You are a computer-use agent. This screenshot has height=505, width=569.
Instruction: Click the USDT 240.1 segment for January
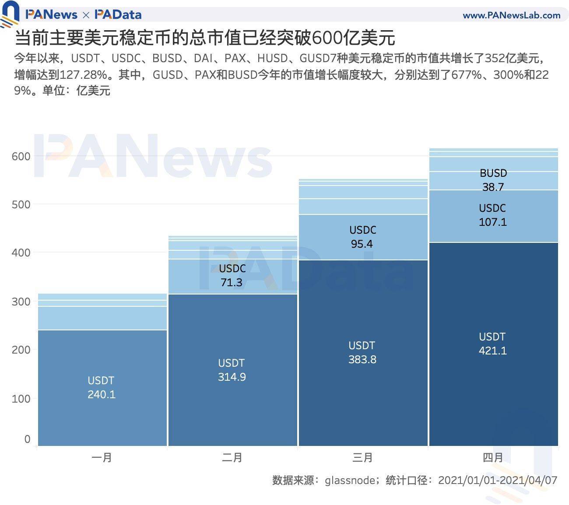pos(102,387)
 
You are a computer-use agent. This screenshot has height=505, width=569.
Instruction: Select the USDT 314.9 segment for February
pos(232,370)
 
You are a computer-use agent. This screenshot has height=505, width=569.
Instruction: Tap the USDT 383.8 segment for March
pos(362,352)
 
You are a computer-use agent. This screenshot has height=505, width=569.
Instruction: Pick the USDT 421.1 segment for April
pos(493,344)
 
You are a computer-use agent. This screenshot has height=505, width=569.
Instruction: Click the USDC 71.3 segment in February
pos(232,275)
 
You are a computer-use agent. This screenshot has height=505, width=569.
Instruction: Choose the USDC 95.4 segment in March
pos(362,237)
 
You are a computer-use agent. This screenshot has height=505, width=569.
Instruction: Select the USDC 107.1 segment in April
pos(493,215)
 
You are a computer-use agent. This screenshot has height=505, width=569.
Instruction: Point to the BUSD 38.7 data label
pos(493,180)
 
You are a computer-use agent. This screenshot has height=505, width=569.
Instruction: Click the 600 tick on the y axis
pos(21,157)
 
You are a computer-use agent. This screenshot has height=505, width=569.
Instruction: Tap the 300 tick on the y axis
pos(21,302)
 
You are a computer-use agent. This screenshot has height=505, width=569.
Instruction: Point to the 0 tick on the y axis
pos(27,439)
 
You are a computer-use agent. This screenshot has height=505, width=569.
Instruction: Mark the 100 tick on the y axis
pos(21,399)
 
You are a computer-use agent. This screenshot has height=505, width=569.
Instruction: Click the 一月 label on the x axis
pos(102,458)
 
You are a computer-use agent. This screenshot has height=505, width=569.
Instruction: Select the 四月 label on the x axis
pos(493,458)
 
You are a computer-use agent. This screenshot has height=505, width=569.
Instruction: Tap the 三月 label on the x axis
pos(362,458)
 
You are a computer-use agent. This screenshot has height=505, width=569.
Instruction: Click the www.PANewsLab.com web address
pos(511,15)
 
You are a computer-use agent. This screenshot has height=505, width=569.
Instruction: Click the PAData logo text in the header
pos(118,14)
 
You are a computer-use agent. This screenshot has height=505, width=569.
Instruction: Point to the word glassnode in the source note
pos(349,480)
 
